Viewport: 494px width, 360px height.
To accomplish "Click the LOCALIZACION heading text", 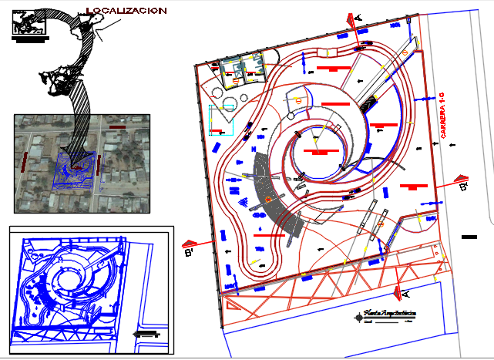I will [x=126, y=11].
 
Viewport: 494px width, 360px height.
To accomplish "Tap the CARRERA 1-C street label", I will [x=442, y=115].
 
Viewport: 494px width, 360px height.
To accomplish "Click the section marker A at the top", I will [x=356, y=19].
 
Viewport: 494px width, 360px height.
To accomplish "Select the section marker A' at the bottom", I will [x=398, y=293].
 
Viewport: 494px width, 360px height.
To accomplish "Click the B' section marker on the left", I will [x=189, y=250].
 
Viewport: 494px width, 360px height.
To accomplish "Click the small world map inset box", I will [x=29, y=22].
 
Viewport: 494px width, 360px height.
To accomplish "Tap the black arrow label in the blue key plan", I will [x=146, y=334].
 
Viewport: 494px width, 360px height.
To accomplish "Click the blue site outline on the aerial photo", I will [x=76, y=169].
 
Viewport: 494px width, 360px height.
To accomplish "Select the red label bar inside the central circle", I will [x=318, y=152].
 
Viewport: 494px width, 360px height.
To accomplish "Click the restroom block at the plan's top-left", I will [x=240, y=72].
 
